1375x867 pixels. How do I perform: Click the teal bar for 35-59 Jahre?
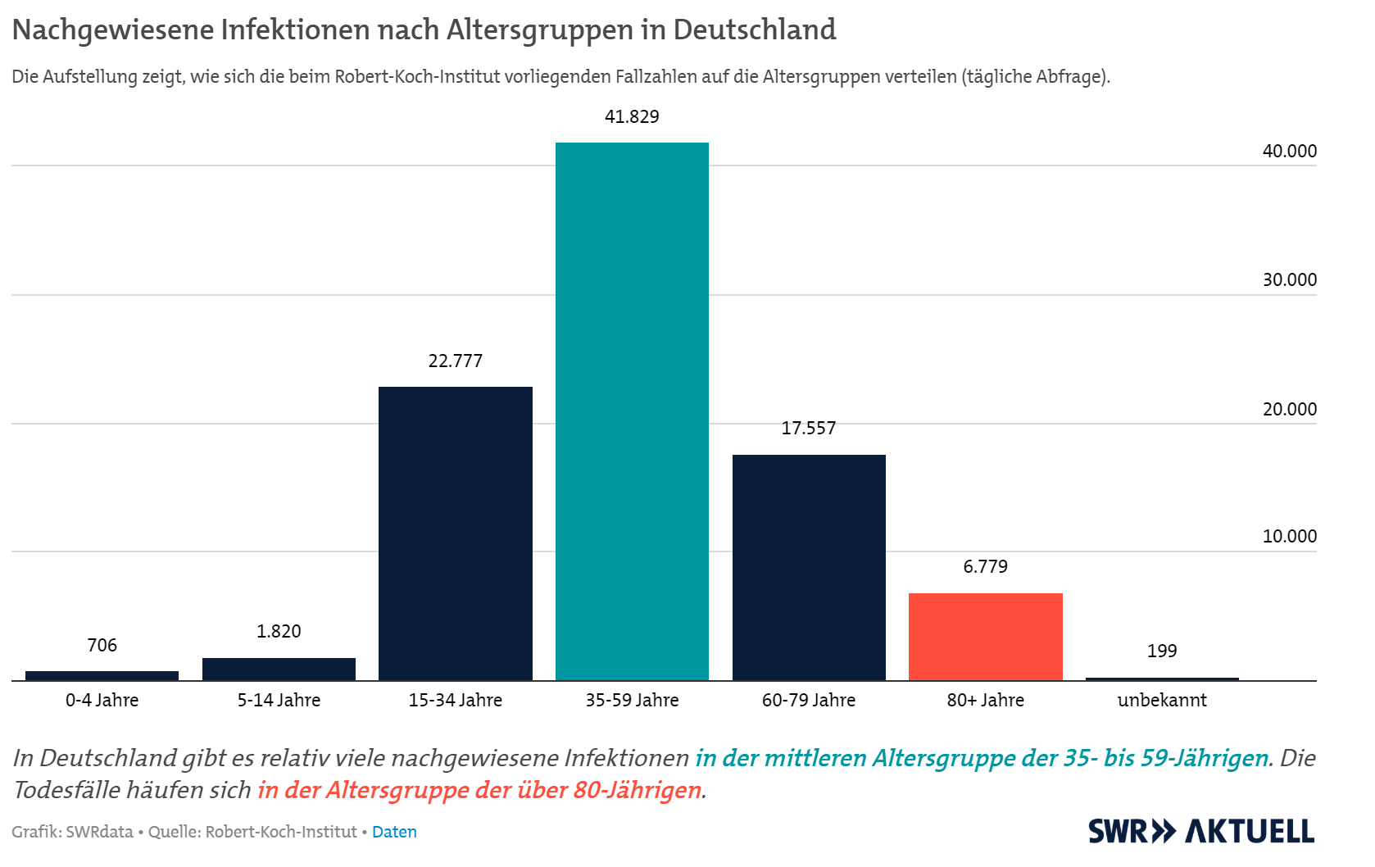coord(632,410)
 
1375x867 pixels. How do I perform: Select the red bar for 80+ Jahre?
coord(985,636)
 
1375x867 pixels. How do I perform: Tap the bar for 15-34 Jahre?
coord(455,533)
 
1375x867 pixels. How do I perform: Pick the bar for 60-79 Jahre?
coord(809,567)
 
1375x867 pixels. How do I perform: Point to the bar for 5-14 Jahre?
coord(279,669)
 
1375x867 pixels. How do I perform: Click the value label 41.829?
coord(632,116)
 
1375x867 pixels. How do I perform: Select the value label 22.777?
coord(455,361)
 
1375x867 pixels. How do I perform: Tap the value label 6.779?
coord(985,566)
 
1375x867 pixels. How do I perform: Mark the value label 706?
coord(102,645)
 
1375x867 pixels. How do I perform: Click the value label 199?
coord(1162,651)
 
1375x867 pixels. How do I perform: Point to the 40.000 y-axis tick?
coord(1289,151)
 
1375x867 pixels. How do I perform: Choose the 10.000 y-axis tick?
coord(1289,536)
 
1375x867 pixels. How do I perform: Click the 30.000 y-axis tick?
coord(1289,279)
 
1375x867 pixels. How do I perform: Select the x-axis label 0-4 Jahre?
coord(102,700)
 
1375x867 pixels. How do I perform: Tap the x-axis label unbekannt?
coord(1162,700)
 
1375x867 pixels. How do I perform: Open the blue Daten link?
coord(394,832)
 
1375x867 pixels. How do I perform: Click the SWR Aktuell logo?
coord(1200,831)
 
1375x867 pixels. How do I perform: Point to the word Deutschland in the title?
coord(754,30)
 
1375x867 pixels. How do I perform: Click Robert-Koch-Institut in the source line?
coord(281,832)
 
